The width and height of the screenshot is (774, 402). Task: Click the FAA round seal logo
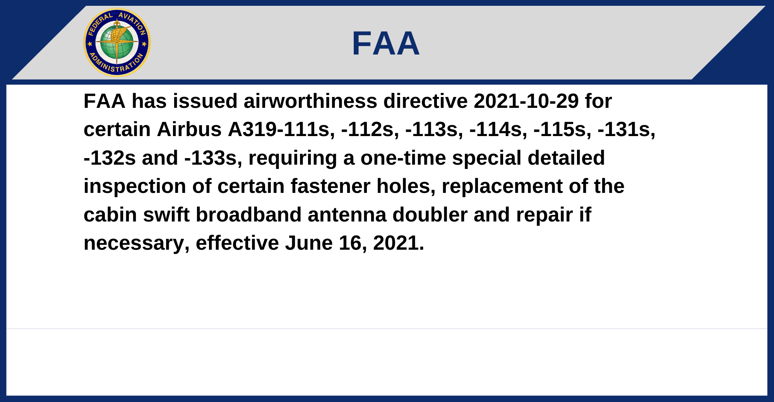117,43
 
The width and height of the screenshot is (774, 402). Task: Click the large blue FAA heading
386,43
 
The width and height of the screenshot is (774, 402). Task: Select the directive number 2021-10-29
526,101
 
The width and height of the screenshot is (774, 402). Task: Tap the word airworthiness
310,101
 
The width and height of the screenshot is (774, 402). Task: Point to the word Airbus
189,129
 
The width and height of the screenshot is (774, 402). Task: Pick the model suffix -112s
370,129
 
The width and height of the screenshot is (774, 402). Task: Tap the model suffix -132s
110,158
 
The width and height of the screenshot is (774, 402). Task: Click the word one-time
403,158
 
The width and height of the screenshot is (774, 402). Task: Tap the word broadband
248,215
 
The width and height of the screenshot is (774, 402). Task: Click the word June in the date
309,243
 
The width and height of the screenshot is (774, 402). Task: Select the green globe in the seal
117,43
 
